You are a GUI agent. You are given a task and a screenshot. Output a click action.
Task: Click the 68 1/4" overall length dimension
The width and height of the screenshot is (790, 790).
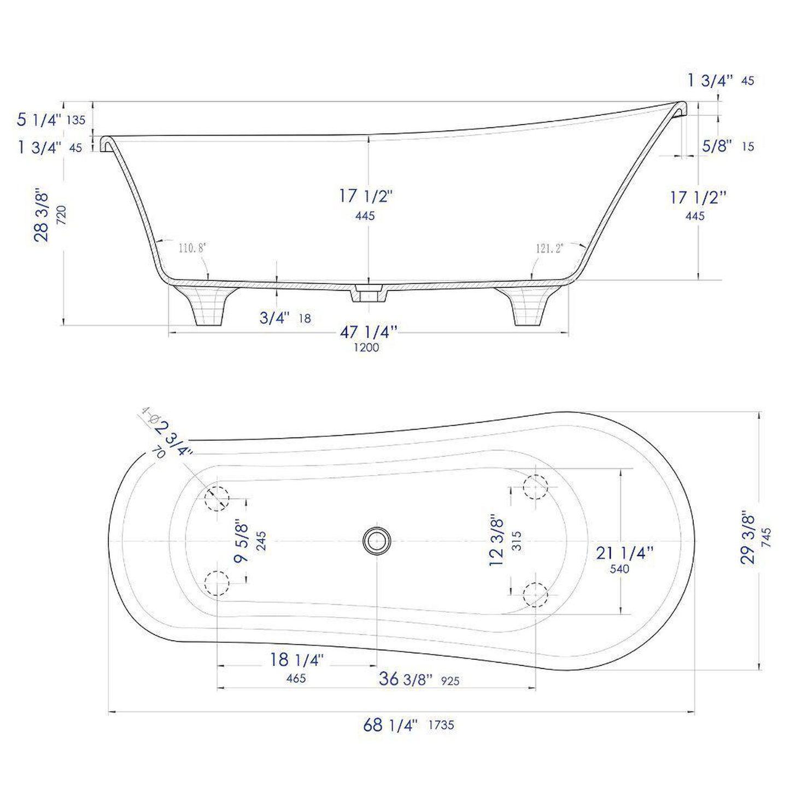pyautogui.click(x=390, y=725)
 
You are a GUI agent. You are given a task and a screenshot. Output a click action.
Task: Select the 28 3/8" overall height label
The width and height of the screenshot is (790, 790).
pyautogui.click(x=43, y=216)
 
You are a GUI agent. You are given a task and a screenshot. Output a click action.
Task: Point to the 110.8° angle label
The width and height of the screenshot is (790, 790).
pyautogui.click(x=191, y=248)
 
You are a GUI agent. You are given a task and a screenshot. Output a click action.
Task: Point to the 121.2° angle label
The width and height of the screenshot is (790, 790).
pyautogui.click(x=549, y=248)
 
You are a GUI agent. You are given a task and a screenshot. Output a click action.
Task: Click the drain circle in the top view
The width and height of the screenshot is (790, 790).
pyautogui.click(x=376, y=541)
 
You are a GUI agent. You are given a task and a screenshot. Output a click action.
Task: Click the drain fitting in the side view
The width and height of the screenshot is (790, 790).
pyautogui.click(x=368, y=293)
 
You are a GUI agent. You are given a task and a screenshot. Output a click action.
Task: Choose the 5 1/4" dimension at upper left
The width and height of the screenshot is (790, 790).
pyautogui.click(x=39, y=119)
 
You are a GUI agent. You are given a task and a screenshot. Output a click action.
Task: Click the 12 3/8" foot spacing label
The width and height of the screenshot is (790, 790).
pyautogui.click(x=497, y=540)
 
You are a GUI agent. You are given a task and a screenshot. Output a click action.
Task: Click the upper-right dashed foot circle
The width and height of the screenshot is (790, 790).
pyautogui.click(x=535, y=487)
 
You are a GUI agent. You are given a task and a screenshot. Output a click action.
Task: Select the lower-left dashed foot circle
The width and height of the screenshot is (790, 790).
pyautogui.click(x=217, y=583)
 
